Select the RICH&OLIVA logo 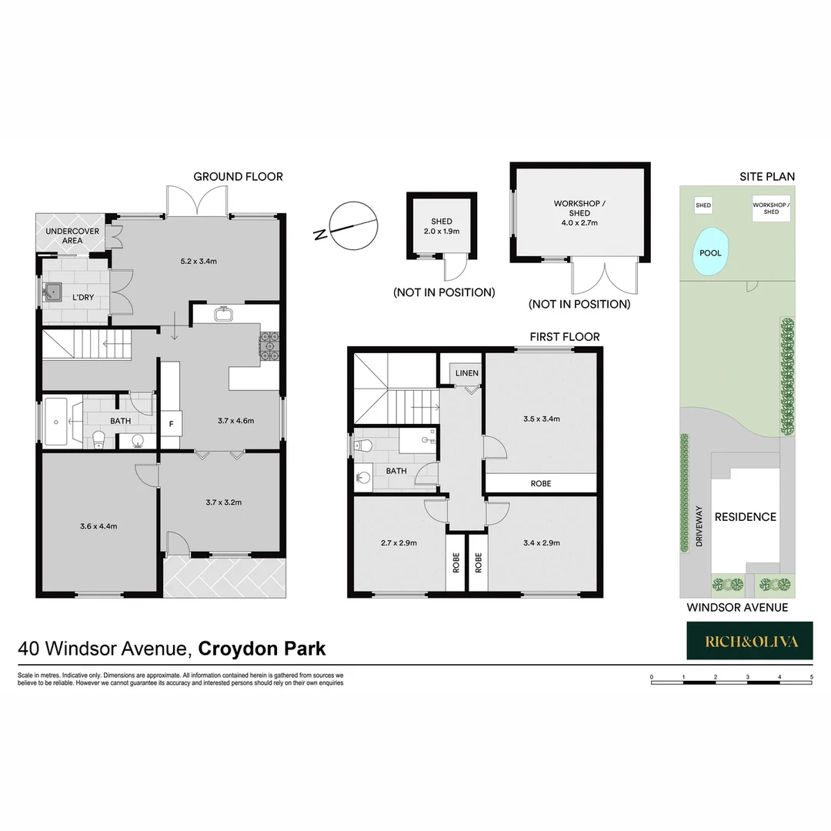749,641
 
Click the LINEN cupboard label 466,373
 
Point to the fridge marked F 171,422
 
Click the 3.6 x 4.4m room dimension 98,526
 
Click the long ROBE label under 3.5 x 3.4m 541,484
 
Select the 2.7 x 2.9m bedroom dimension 399,542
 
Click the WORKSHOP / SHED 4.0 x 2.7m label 579,212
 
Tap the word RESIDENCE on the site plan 745,517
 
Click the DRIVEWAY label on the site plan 699,526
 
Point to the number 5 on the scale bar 812,677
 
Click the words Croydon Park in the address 262,649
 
